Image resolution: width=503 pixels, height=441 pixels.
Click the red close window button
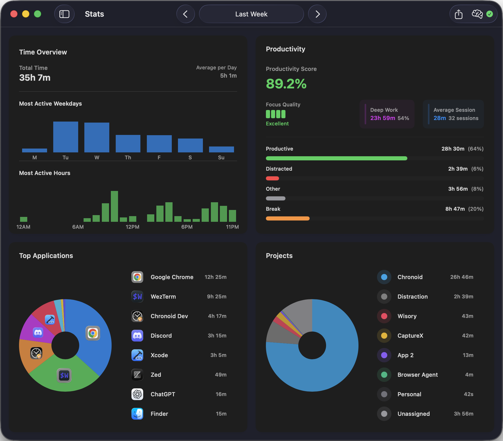coord(14,14)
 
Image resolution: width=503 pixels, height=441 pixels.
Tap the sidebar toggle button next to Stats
coord(64,14)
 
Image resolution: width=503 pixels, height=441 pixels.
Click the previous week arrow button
coord(185,14)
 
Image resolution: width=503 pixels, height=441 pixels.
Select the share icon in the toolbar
coord(459,14)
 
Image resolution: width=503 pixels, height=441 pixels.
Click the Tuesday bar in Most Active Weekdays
coord(66,137)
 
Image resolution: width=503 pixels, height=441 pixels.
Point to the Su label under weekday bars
coord(221,158)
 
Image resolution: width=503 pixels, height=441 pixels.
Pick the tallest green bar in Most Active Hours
coord(114,206)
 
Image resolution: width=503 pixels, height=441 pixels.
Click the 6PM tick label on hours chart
coord(187,227)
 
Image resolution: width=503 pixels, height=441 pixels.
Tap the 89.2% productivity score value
coord(286,84)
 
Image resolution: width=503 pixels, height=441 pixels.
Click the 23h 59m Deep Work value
coord(383,118)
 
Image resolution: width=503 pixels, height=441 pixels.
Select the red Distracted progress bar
coord(272,178)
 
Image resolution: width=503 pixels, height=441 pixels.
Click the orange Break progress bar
coord(288,218)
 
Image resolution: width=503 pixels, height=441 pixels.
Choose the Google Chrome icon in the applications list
coord(137,277)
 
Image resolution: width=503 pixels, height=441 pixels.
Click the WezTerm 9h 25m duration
coord(217,297)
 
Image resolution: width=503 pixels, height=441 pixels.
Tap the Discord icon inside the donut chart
coord(38,333)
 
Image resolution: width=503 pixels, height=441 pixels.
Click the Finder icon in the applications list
coord(137,414)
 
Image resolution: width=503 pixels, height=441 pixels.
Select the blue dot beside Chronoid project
coord(384,277)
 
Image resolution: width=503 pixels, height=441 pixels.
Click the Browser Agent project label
coord(418,375)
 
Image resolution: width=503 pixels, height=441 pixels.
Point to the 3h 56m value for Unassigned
coord(463,414)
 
